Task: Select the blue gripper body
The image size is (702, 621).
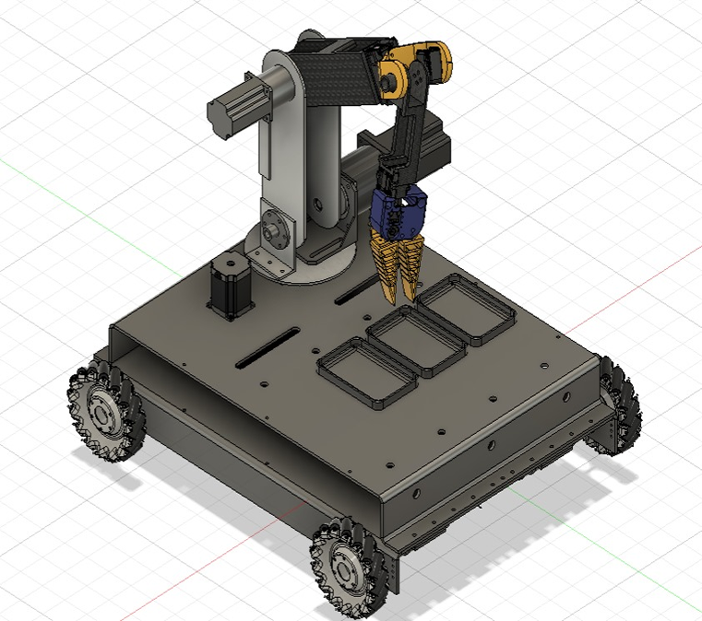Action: (x=399, y=212)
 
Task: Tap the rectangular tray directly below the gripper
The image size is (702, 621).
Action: (x=465, y=308)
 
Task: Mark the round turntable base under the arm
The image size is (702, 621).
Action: (x=318, y=267)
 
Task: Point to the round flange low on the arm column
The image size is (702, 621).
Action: (x=272, y=226)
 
